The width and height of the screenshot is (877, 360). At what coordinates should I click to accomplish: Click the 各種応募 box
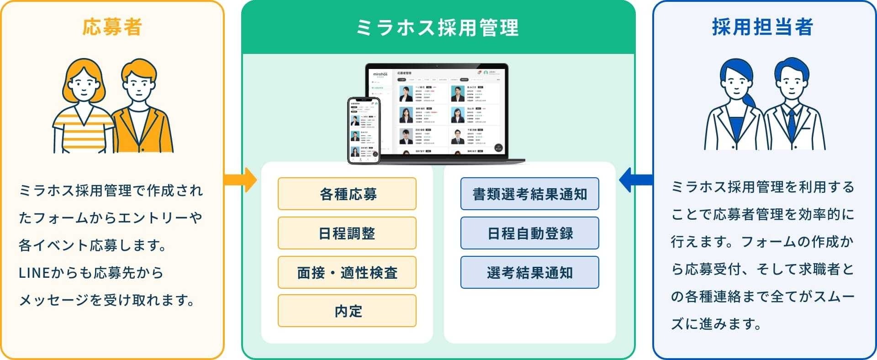347,194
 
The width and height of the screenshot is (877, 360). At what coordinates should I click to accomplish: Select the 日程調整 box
347,233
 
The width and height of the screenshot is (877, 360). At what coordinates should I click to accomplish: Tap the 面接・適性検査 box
347,272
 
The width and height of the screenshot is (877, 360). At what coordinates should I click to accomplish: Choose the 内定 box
347,311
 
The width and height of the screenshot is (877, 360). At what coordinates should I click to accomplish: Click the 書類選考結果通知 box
529,194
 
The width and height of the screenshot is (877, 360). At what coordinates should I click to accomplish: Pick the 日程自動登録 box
529,233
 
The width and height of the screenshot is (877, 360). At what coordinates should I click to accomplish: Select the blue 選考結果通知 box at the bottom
529,272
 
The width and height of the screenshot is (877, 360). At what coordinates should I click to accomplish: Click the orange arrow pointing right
241,180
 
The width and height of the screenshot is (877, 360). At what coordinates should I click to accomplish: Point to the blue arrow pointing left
635,180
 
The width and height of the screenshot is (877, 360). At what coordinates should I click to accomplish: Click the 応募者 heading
112,27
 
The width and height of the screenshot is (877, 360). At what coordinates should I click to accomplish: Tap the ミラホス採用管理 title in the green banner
438,27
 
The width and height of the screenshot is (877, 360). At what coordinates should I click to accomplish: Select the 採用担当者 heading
762,27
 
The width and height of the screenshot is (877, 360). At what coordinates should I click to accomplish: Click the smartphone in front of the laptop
364,131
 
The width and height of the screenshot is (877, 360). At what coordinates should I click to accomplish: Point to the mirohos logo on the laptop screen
380,74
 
